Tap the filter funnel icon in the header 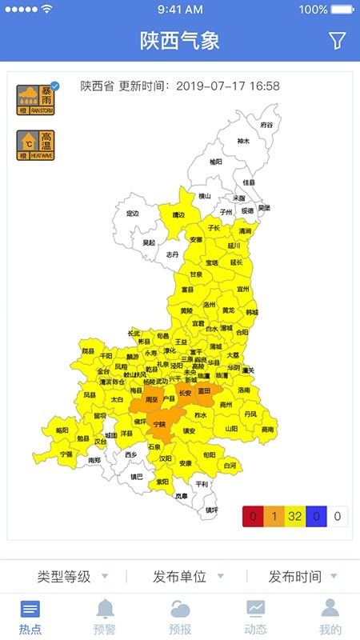[x=337, y=40]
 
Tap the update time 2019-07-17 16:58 [x=227, y=86]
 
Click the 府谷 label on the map [x=266, y=126]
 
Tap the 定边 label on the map [x=133, y=214]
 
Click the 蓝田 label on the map [x=204, y=390]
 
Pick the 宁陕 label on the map [x=159, y=424]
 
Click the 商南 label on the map [x=267, y=429]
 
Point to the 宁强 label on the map [x=66, y=454]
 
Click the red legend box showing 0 [x=253, y=516]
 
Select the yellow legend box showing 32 [x=295, y=516]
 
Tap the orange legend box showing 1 [x=274, y=516]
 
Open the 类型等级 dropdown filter [x=71, y=576]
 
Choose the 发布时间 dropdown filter [x=302, y=576]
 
